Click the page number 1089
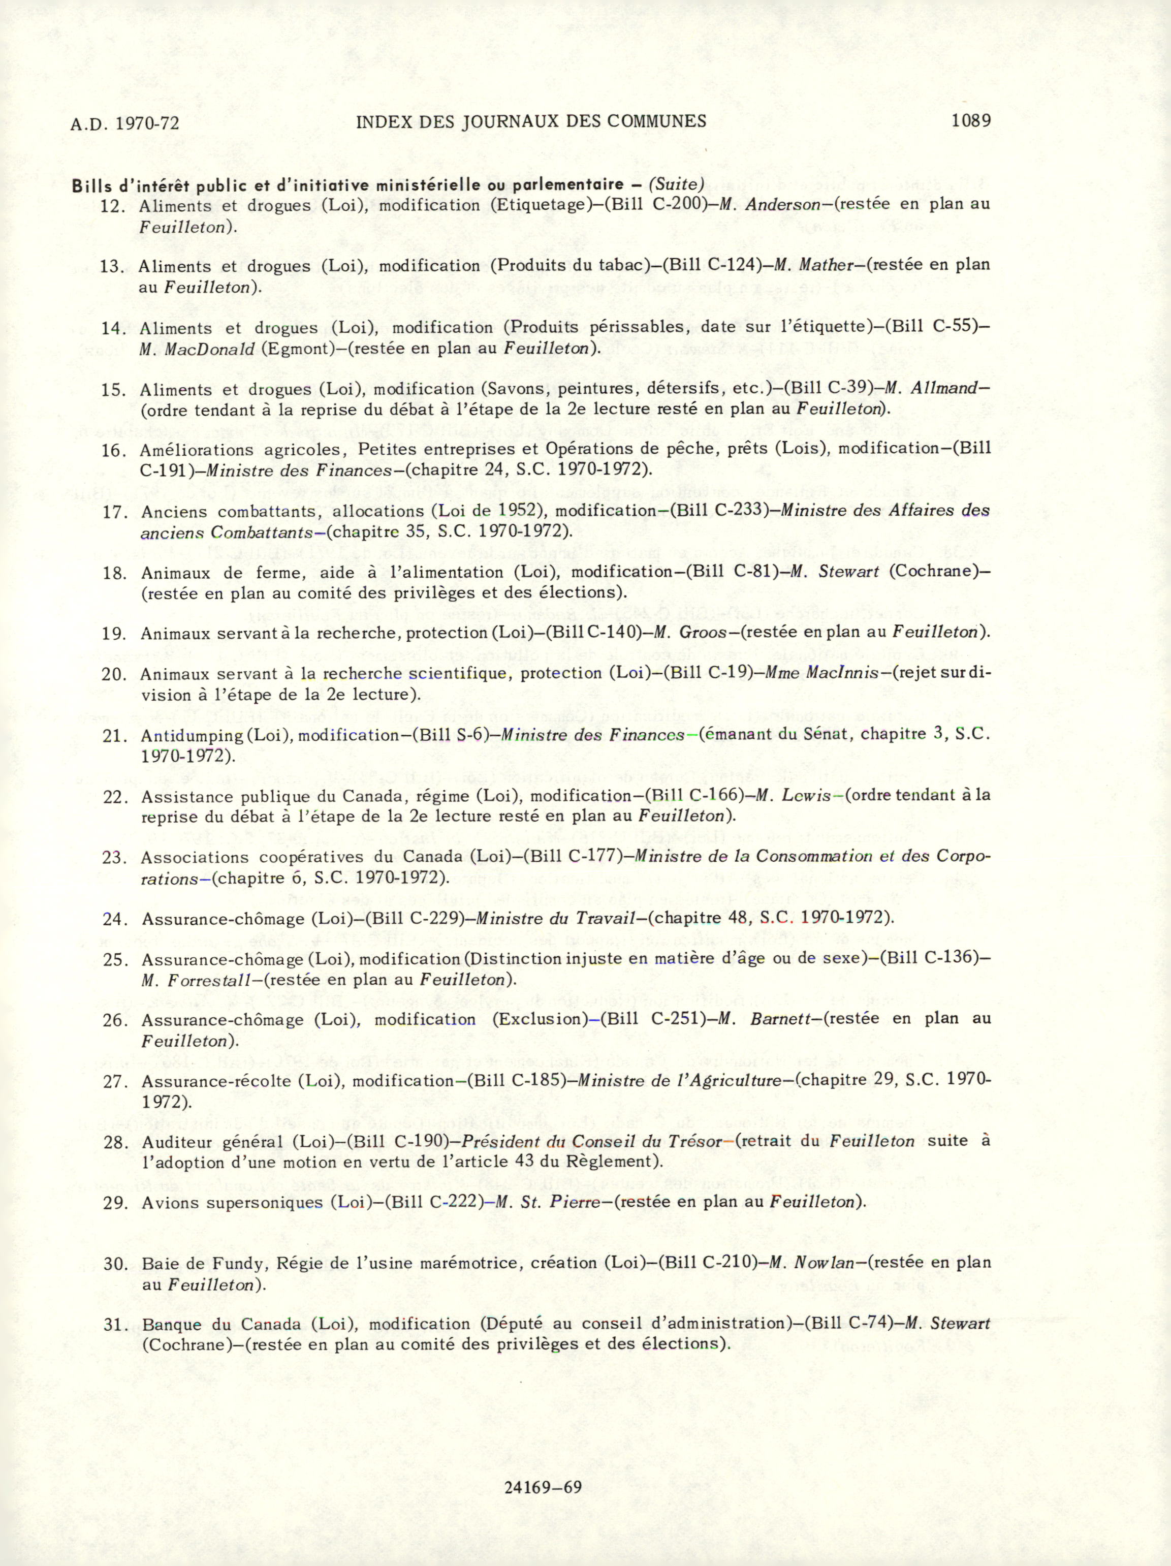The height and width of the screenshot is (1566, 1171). pyautogui.click(x=971, y=120)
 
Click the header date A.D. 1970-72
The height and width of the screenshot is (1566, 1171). pyautogui.click(x=124, y=124)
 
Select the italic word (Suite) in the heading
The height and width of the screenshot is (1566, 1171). pyautogui.click(x=677, y=185)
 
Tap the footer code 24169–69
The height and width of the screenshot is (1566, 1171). pyautogui.click(x=543, y=1487)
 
